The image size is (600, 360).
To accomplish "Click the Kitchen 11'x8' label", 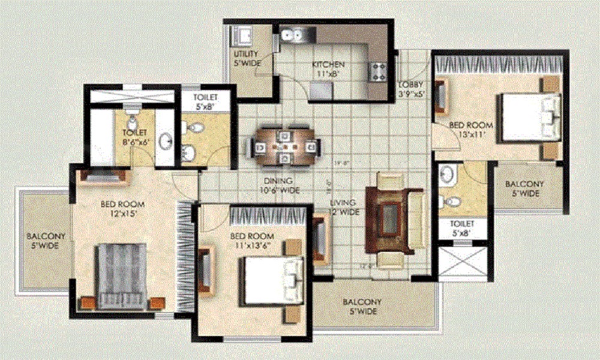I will click(x=328, y=70).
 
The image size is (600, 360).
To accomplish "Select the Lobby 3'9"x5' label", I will click(x=411, y=89).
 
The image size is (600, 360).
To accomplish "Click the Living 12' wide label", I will click(x=344, y=207).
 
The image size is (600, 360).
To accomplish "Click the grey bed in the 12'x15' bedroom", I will click(x=122, y=276).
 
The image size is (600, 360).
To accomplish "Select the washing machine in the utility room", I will click(x=243, y=36).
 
